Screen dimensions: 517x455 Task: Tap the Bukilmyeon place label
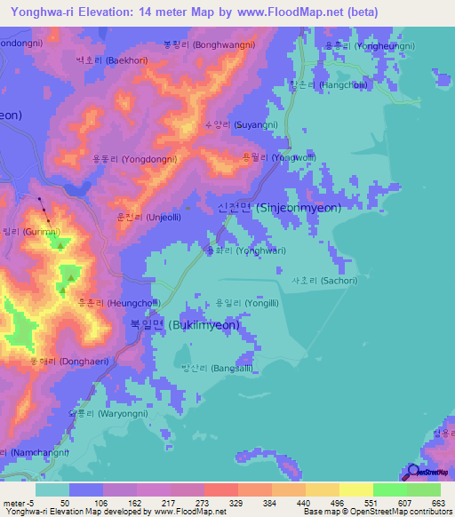(x=180, y=325)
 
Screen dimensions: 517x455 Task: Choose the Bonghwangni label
(x=209, y=44)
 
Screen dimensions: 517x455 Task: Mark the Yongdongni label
(x=134, y=159)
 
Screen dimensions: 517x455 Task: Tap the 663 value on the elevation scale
(x=437, y=502)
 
